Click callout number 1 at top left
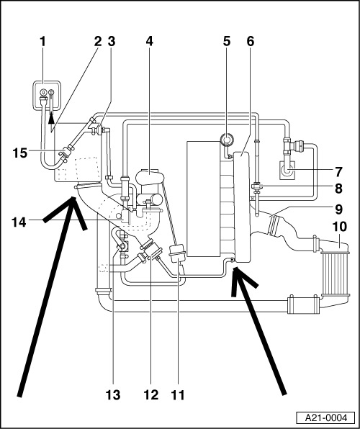click(x=42, y=41)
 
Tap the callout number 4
click(x=149, y=41)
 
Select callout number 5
click(x=227, y=41)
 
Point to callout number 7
click(x=338, y=172)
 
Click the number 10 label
click(x=340, y=227)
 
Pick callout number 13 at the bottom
click(x=113, y=394)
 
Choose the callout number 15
click(x=20, y=153)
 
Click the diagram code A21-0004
click(x=326, y=417)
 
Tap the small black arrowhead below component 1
click(x=51, y=119)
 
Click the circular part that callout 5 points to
click(x=228, y=140)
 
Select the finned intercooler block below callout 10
click(x=336, y=274)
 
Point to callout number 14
click(x=19, y=222)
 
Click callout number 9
click(x=338, y=209)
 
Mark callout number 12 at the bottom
click(x=151, y=394)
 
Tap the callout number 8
click(x=338, y=189)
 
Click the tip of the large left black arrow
click(x=73, y=197)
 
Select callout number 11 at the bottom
click(x=179, y=394)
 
